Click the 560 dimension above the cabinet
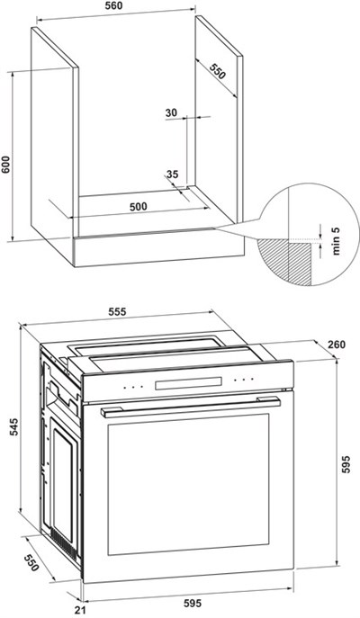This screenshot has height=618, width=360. point(114,5)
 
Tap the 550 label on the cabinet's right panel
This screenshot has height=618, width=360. point(217,70)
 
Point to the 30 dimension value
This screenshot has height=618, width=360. point(171,112)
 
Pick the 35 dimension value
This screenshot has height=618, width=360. point(172,174)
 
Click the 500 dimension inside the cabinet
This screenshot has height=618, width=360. point(139,207)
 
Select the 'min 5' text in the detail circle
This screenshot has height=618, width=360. point(336,241)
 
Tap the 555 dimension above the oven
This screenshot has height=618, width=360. point(117,312)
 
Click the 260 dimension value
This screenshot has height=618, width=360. point(337,345)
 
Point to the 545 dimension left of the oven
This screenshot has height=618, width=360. point(13,427)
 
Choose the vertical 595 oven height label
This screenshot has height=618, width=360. point(346,465)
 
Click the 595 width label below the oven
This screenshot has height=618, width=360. point(193,603)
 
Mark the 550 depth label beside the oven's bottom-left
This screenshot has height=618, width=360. point(31,563)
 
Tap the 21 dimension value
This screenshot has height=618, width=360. point(80,611)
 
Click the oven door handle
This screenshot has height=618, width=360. point(191,408)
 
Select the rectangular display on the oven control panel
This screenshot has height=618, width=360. point(188,383)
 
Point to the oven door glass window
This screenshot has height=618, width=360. point(188,484)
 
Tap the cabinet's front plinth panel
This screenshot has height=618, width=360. point(158,247)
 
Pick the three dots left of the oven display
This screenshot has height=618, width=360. point(133,388)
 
